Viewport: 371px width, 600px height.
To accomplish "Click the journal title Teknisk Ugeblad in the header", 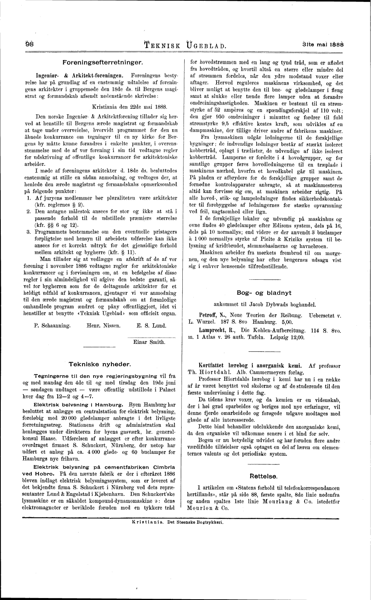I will pos(185,44).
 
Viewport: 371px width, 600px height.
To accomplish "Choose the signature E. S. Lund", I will pos(151,325).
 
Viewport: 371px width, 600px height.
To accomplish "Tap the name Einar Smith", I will pos(149,342).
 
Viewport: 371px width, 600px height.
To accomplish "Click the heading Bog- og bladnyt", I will pos(264,293).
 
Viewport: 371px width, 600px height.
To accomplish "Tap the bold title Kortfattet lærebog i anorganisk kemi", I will pos(250,365).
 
